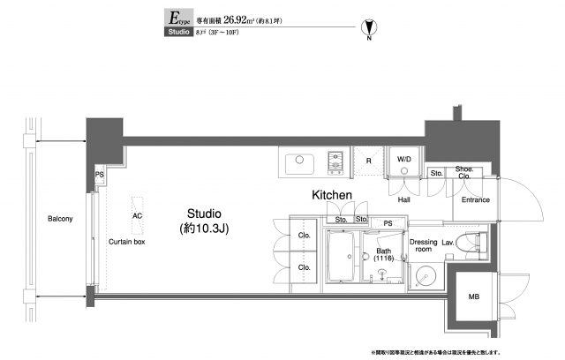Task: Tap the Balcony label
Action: click(61, 219)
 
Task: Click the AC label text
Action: click(137, 214)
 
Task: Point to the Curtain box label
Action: click(127, 241)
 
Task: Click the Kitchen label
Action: click(332, 194)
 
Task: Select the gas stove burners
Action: click(336, 162)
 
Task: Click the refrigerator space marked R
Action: click(368, 161)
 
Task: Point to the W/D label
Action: click(404, 159)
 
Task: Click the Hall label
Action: click(403, 200)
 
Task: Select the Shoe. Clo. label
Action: click(463, 172)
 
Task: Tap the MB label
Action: click(473, 297)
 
